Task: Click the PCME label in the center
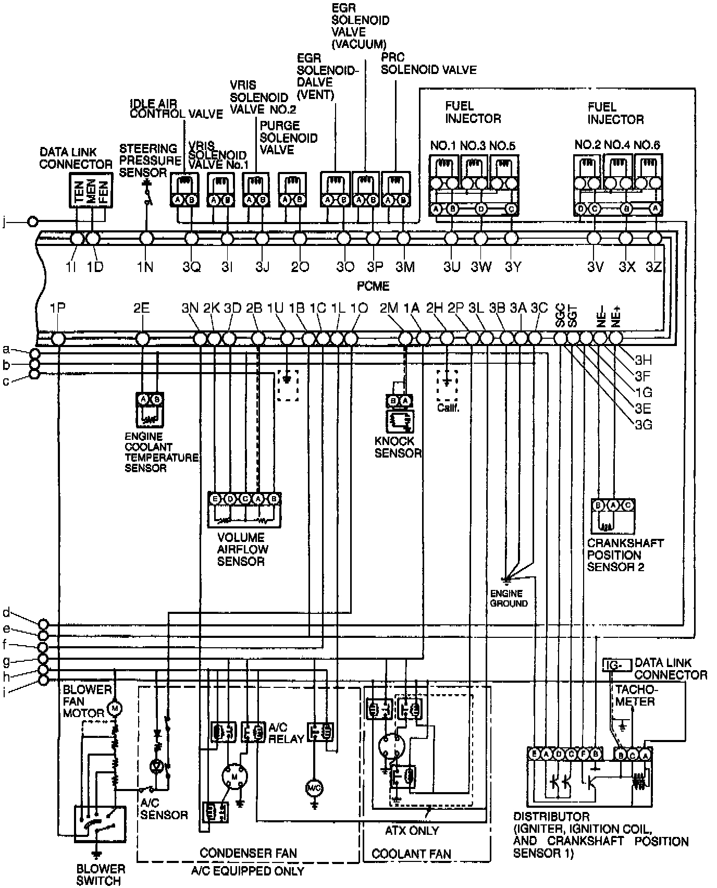[373, 286]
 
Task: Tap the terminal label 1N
[145, 267]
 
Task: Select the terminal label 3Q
[191, 267]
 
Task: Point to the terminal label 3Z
[654, 267]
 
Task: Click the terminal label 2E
[141, 308]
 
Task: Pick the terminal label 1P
[57, 308]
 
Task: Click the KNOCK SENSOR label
[398, 447]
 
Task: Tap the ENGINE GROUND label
[509, 598]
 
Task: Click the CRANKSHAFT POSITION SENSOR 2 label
[625, 554]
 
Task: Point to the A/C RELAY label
[286, 733]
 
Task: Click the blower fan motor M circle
[114, 708]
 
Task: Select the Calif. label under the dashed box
[448, 408]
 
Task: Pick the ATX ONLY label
[412, 830]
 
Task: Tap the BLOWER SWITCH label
[101, 875]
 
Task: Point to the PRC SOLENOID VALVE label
[428, 63]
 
